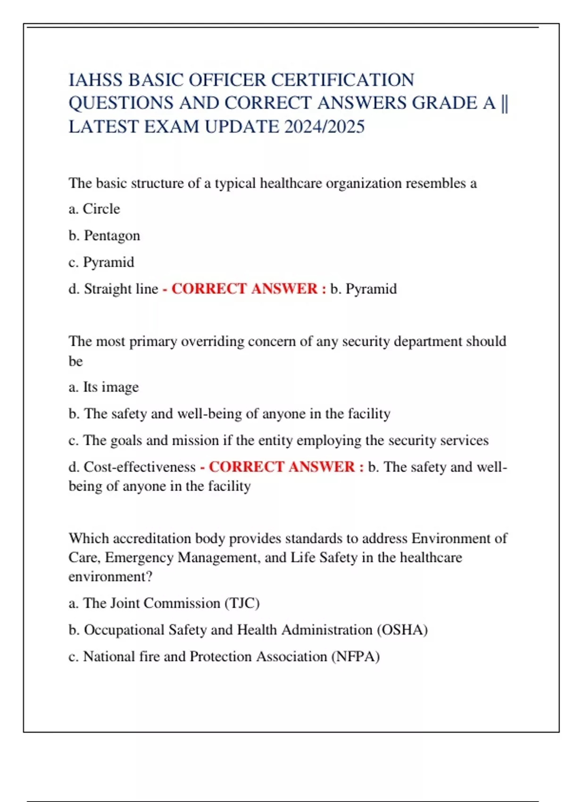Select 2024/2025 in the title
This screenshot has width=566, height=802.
click(x=324, y=127)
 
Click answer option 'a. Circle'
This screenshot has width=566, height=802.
click(x=94, y=209)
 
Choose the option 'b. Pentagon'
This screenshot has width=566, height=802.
click(x=104, y=235)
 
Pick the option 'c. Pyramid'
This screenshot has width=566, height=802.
click(x=101, y=262)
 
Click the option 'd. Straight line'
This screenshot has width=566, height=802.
click(x=113, y=289)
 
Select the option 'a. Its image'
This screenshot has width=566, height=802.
click(x=104, y=387)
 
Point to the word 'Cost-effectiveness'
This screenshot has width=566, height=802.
click(x=140, y=467)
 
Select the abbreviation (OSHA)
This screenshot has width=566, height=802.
click(x=402, y=630)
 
